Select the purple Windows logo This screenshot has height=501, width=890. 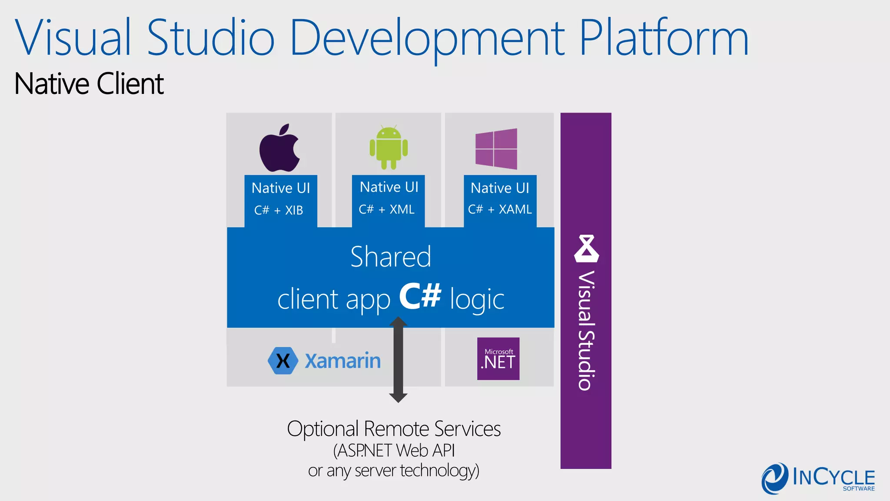496,149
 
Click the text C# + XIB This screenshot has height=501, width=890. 279,210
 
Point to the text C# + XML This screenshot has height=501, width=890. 386,210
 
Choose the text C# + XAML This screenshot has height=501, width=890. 500,210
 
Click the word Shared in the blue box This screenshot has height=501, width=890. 391,257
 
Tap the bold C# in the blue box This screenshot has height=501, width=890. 420,297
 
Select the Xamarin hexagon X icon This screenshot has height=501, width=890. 283,361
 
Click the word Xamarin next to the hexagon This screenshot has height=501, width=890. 342,361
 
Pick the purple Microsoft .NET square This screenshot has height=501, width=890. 498,359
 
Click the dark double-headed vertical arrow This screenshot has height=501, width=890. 398,360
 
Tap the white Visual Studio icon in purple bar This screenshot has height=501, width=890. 586,249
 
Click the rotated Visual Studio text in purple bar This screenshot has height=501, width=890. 586,331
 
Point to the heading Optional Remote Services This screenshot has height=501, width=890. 394,429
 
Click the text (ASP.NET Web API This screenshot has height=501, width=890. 394,451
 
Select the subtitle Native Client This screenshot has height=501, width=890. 89,84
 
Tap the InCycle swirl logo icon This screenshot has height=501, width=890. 774,478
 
